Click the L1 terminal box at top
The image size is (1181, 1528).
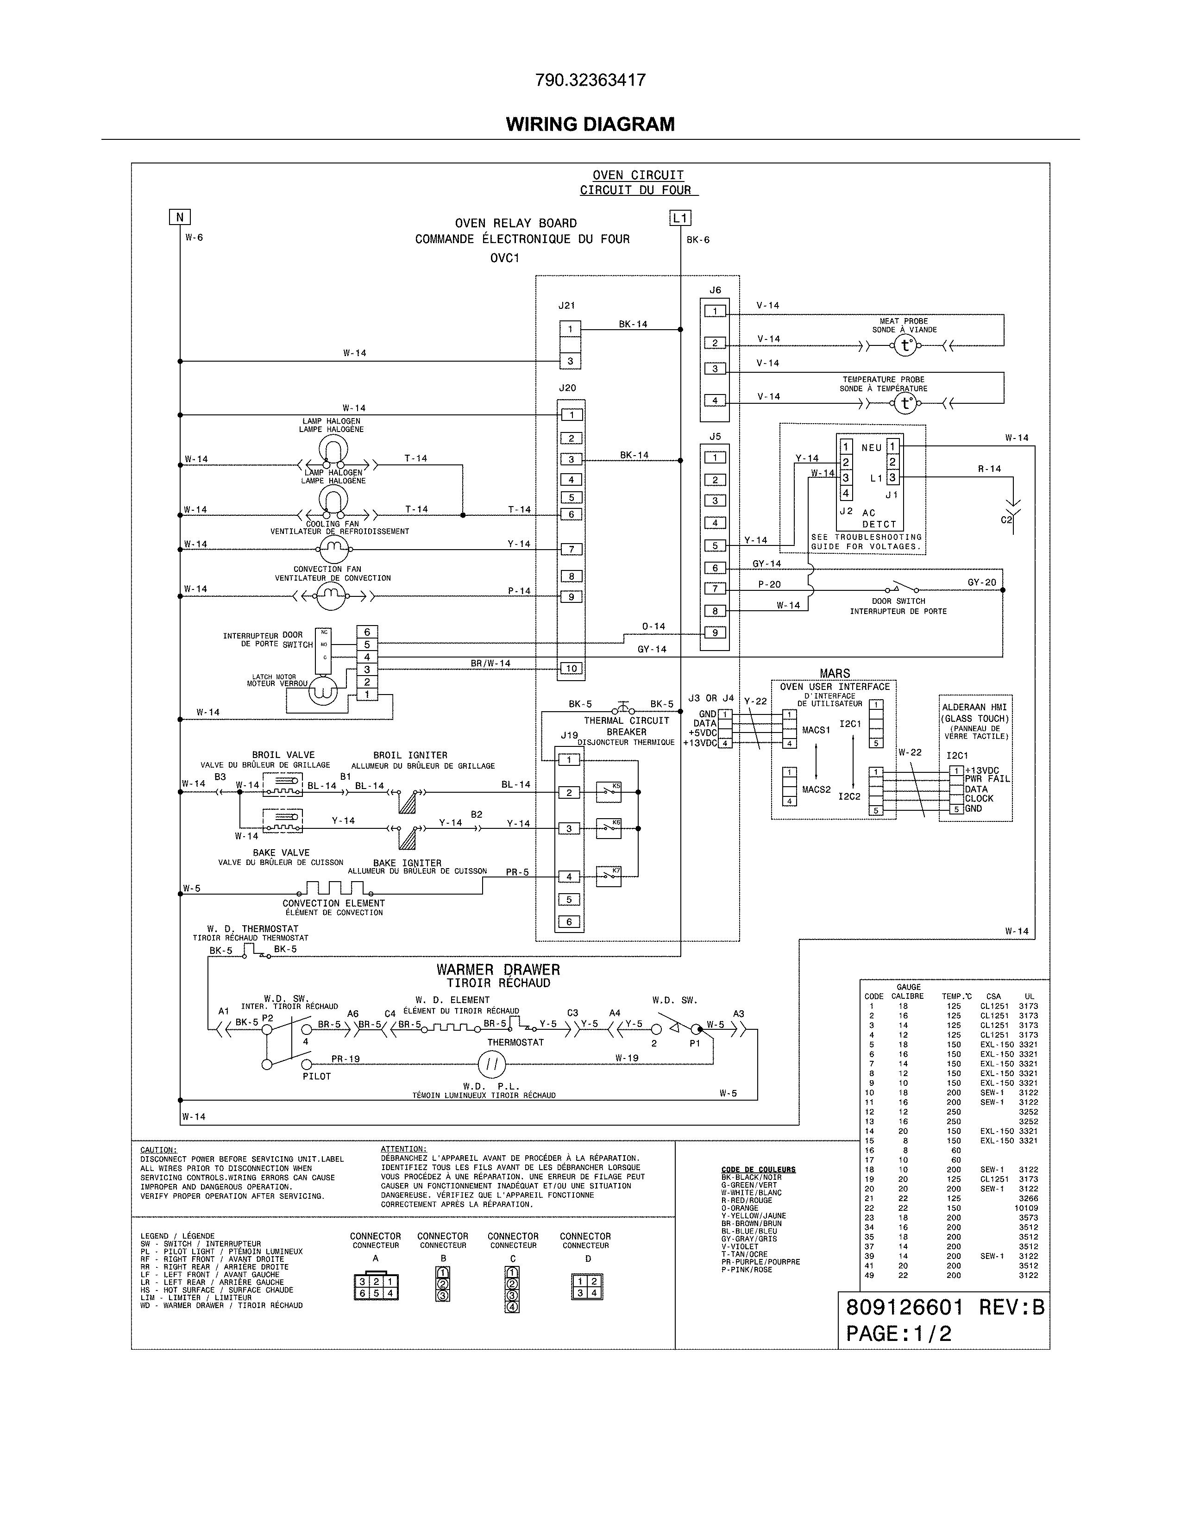(680, 218)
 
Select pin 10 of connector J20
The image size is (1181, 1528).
(571, 668)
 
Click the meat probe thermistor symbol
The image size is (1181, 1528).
(905, 345)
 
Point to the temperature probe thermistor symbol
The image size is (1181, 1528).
(905, 403)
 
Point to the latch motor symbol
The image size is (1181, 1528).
(323, 690)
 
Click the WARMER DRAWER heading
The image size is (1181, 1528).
(498, 970)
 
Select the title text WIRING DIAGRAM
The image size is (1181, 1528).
(590, 125)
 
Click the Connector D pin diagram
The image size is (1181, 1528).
(587, 1287)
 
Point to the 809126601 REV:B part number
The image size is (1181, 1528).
(944, 1307)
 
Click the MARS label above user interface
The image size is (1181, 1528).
(834, 673)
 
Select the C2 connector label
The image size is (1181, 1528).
(1006, 520)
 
